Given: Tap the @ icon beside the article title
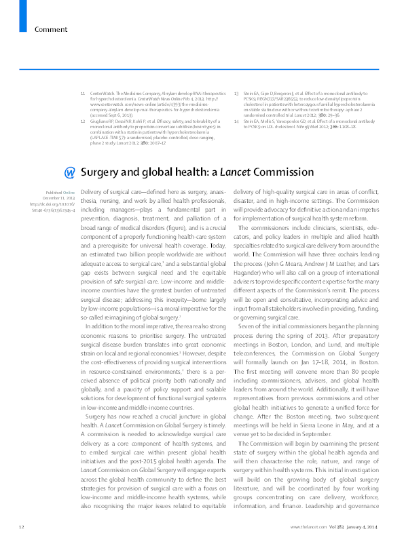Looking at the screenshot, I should [x=69, y=172].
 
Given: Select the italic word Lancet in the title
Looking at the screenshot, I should [x=221, y=172].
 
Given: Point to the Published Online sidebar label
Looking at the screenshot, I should [x=47, y=193].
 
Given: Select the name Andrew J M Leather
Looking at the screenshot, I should [x=329, y=279].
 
